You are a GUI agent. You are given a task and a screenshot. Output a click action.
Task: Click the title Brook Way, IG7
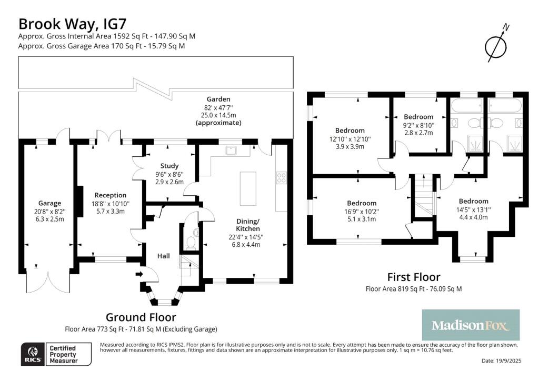point(72,24)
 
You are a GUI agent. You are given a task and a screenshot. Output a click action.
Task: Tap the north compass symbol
point(496,44)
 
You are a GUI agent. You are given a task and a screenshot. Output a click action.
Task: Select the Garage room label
point(49,203)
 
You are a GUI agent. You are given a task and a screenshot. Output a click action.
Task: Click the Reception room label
point(111,195)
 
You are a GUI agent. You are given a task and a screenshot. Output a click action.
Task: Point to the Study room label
point(169,166)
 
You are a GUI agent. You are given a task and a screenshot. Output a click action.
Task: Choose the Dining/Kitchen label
point(248,225)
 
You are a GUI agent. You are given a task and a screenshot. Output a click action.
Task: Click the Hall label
point(164,256)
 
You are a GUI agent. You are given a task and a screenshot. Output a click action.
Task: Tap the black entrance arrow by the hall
point(139,274)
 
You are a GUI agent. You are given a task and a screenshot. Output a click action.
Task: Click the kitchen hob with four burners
point(281,178)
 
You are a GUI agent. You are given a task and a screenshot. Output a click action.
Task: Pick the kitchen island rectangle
point(248,188)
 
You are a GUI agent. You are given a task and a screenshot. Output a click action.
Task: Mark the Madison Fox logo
point(471,325)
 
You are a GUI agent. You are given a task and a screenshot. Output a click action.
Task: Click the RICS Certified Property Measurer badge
point(56,354)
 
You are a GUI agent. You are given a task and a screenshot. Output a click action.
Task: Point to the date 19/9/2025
point(502,360)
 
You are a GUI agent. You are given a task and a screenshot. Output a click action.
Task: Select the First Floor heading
point(414,277)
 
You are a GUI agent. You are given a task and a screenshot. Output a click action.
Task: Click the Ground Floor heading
point(141,317)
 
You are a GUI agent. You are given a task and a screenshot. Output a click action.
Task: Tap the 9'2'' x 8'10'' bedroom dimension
point(418,125)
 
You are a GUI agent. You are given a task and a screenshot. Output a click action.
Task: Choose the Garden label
point(218,99)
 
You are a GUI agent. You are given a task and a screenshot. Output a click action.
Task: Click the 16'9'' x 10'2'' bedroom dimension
point(361,212)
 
